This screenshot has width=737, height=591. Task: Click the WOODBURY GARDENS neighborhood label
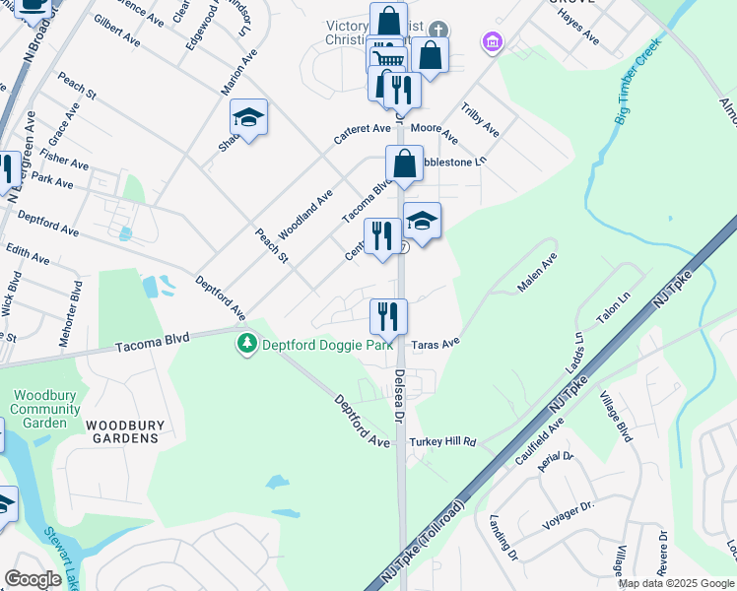(121, 431)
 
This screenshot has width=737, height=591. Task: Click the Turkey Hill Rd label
(443, 442)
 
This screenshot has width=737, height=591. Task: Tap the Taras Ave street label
(436, 344)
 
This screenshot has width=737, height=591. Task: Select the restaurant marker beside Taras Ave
(388, 317)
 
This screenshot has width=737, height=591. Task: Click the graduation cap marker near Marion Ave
(249, 119)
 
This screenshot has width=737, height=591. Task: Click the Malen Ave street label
(538, 273)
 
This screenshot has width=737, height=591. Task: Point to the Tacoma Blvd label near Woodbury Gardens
(151, 342)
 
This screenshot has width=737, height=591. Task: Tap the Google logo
(33, 578)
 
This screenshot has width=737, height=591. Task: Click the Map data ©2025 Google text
(676, 583)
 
